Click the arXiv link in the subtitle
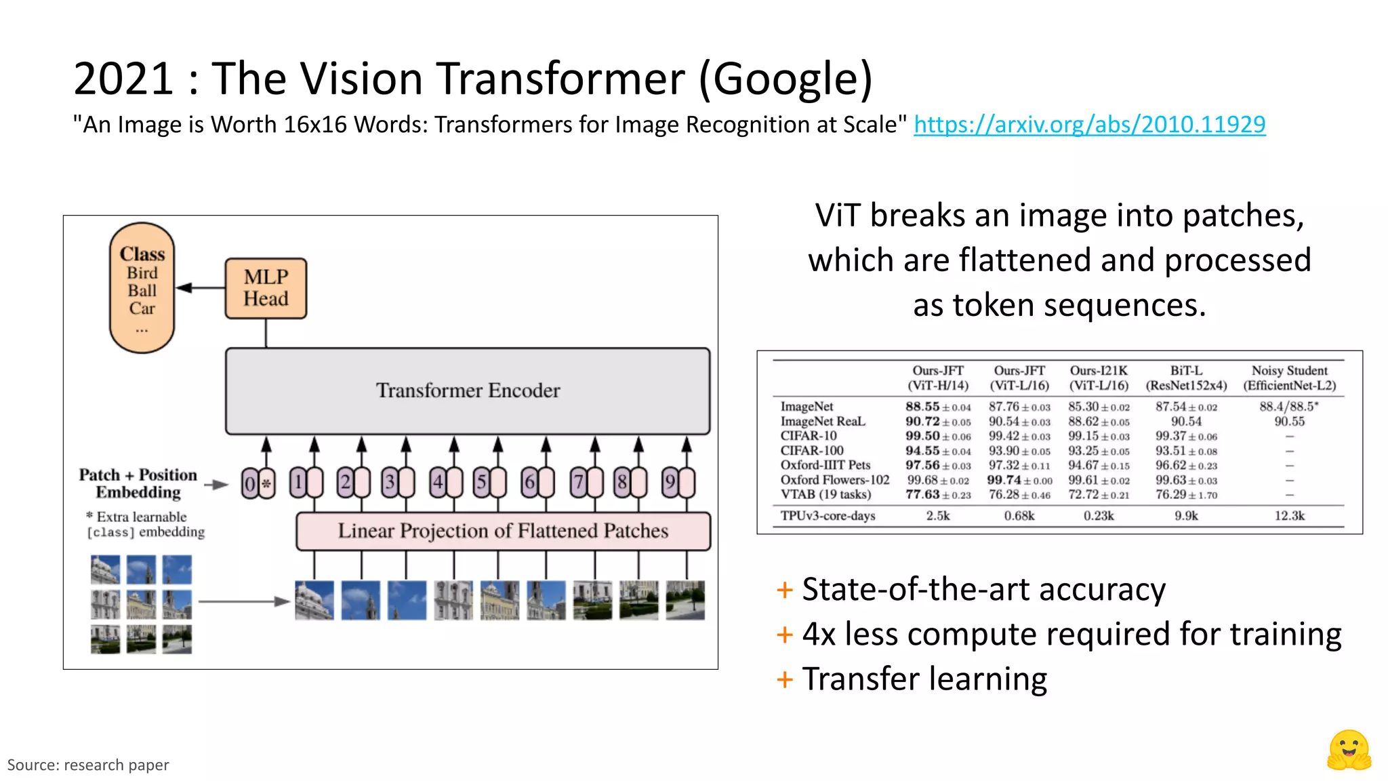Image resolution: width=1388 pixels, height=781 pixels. pos(1089,125)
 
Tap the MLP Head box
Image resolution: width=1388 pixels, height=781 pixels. pos(266,288)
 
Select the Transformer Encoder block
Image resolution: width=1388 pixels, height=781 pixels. pos(468,390)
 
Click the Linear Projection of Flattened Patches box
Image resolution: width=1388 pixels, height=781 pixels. pos(503,531)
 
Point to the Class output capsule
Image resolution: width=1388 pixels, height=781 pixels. pos(142,288)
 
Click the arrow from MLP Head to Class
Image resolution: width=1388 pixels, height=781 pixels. pos(201,288)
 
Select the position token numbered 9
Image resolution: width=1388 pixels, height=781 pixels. pos(670,483)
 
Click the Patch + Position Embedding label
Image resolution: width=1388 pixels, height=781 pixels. pos(138,483)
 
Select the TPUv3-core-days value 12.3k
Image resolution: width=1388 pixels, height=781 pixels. pos(1289,516)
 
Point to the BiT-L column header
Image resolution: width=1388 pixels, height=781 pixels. pos(1186,378)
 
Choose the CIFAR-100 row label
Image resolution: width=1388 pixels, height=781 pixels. pos(812,451)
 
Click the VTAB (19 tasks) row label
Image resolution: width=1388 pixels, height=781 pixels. pos(825,495)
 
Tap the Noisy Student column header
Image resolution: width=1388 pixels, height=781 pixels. pos(1289,378)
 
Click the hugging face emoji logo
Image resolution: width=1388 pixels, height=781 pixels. pos(1349,750)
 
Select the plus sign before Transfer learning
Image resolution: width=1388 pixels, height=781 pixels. pos(785,679)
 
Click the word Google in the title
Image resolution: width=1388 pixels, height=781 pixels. pos(785,79)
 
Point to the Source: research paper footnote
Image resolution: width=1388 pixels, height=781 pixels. pos(88,765)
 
